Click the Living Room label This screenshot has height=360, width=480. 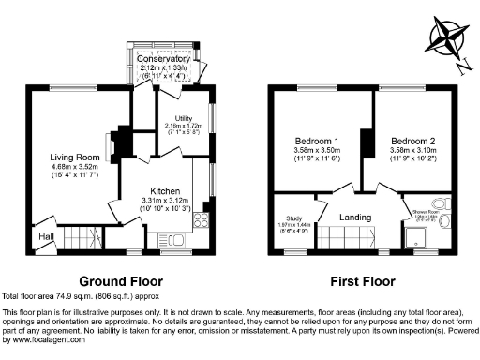pos(75,157)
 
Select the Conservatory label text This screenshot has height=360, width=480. pos(165,59)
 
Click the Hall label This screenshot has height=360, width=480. pos(45,238)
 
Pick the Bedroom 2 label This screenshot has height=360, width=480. pos(412,142)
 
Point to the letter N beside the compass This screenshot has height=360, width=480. pos(464,66)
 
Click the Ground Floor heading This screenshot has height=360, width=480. pos(120,280)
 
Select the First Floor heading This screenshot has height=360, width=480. pos(361,280)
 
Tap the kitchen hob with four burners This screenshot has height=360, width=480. pos(200,222)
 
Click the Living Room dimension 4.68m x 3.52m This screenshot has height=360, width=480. pos(75,168)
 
